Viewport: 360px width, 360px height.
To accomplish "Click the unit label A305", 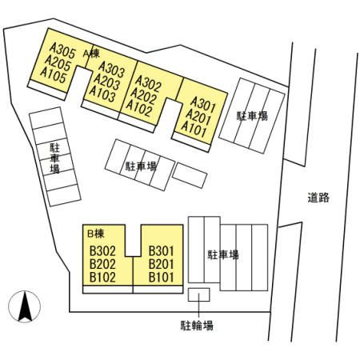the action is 62,51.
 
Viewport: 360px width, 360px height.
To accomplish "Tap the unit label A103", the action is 102,94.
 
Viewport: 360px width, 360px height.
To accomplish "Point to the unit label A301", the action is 202,104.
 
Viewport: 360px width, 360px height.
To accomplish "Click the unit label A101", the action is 194,129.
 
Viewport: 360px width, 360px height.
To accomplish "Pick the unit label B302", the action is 102,251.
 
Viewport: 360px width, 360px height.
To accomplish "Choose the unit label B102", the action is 102,278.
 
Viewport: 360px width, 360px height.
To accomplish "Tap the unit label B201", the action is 162,264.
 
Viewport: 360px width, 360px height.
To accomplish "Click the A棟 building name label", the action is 91,54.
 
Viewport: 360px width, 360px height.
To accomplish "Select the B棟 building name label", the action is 96,234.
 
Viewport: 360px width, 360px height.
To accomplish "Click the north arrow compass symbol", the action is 25,306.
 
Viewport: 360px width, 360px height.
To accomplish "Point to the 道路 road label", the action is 318,198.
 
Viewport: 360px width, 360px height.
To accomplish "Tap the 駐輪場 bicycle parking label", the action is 197,326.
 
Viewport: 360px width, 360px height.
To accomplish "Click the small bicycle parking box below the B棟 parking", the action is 199,294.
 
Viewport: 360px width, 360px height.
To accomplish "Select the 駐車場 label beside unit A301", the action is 252,116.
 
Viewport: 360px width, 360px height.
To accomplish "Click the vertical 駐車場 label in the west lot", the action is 54,158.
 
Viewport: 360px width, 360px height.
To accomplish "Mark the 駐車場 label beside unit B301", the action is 223,254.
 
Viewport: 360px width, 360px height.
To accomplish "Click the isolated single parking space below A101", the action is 190,175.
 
